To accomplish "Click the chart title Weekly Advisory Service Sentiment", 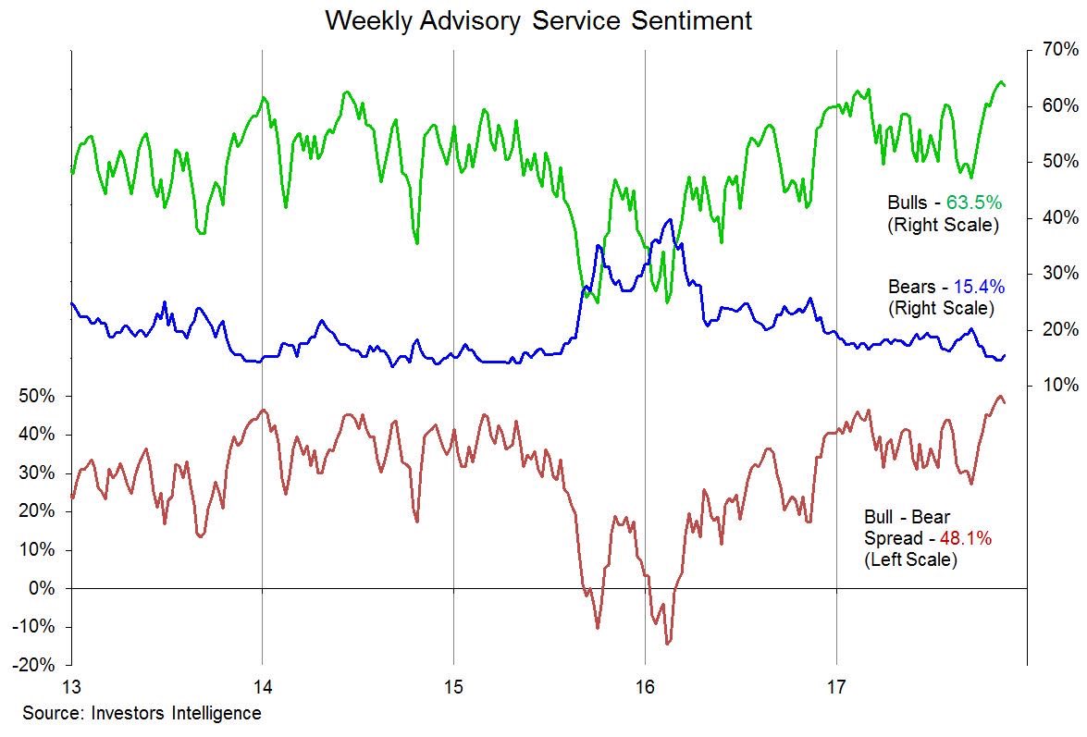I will point(538,19).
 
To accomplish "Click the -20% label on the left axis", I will point(34,666).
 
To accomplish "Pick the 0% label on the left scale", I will point(41,589).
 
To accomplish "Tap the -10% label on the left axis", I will point(34,627).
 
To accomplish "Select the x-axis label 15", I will point(453,688).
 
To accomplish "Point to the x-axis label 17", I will point(836,688).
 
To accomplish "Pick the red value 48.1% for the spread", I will point(966,538).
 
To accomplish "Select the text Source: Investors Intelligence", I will point(142,714).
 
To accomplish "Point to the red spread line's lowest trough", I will point(667,643).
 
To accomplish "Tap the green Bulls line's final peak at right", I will point(1000,82).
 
